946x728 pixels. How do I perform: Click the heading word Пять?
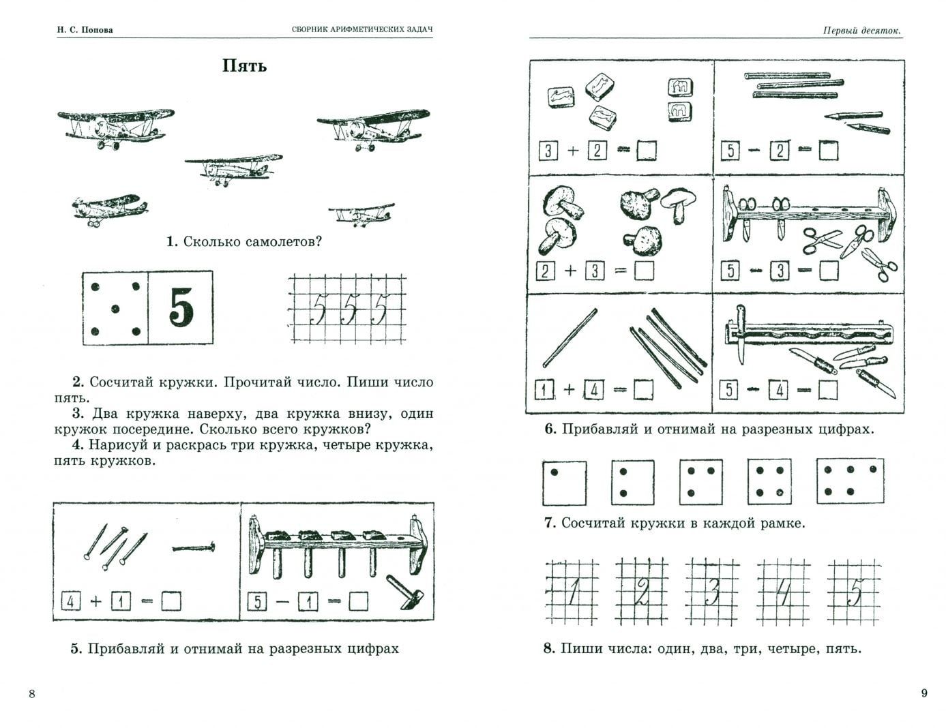click(244, 66)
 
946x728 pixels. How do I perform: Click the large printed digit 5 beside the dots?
click(181, 309)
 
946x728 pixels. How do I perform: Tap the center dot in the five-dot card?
click(114, 309)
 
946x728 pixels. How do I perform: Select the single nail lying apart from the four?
click(194, 547)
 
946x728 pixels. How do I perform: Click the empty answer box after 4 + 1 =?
click(171, 601)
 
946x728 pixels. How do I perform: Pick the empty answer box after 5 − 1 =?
click(357, 601)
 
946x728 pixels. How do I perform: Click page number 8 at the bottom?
click(31, 694)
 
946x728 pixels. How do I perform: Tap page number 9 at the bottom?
click(924, 693)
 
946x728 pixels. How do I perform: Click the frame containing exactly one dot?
click(563, 483)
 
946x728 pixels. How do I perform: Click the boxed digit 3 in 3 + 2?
click(548, 151)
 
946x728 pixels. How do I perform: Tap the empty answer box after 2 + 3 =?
click(643, 271)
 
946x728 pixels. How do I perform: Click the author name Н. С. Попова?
click(85, 30)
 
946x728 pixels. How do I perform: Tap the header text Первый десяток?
click(861, 30)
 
